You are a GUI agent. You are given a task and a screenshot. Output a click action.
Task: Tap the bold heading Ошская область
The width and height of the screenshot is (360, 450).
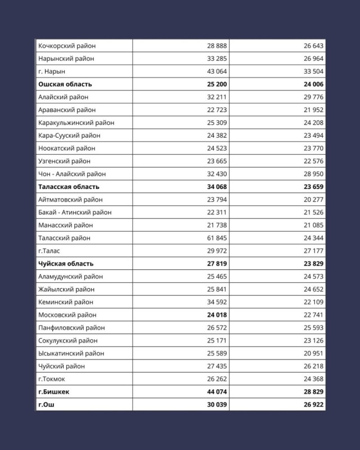coord(65,84)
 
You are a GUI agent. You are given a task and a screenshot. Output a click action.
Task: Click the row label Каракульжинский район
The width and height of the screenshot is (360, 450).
coord(76,123)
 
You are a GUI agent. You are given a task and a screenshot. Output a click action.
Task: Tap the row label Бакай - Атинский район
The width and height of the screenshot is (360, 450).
coord(75,213)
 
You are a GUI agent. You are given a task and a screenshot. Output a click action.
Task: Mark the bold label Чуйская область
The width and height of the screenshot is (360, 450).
coord(66,264)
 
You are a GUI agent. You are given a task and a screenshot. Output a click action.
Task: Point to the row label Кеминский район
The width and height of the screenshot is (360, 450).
coord(65,303)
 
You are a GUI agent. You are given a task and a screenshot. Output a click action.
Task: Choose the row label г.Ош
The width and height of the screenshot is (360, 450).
coord(47,405)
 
